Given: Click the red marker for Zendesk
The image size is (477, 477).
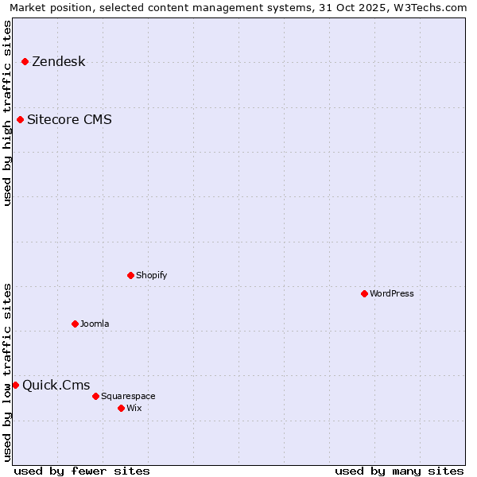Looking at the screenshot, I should (x=25, y=61).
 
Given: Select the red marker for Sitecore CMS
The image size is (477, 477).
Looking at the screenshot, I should (x=20, y=120).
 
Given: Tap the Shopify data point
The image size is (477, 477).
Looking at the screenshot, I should (x=130, y=275).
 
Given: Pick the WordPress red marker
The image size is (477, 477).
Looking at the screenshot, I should (x=364, y=293).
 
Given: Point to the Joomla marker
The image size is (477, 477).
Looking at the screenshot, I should (x=75, y=324).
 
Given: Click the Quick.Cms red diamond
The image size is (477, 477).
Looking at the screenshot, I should (x=15, y=385).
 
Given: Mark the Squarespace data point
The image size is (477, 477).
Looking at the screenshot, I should (x=95, y=396).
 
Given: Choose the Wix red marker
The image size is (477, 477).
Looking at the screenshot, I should (x=121, y=408).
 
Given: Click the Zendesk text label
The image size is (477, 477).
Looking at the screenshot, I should (x=58, y=62).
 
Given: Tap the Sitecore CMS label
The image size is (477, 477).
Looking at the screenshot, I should (x=69, y=120).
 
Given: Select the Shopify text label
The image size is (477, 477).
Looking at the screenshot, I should (x=151, y=275).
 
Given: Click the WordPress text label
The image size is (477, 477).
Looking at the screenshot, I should (x=391, y=293).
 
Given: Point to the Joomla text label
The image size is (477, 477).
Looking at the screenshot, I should (x=95, y=324).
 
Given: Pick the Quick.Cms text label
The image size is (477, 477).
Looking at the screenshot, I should (x=56, y=386).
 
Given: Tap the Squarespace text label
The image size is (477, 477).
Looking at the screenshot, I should (x=128, y=396).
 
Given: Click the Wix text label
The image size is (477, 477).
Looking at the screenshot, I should (x=134, y=408).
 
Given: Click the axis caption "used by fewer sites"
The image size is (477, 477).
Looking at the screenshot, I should (x=82, y=471).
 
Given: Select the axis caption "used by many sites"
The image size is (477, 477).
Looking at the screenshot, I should (x=399, y=471).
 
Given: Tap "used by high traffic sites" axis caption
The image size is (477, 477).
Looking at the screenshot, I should (x=8, y=113).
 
